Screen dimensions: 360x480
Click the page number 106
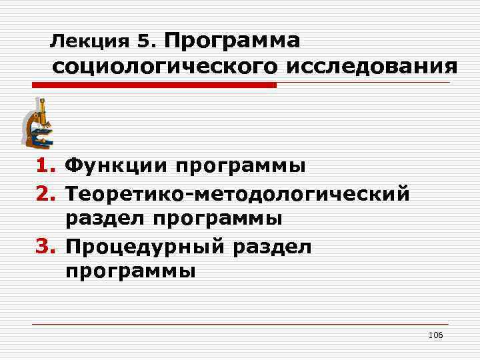[436, 335]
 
